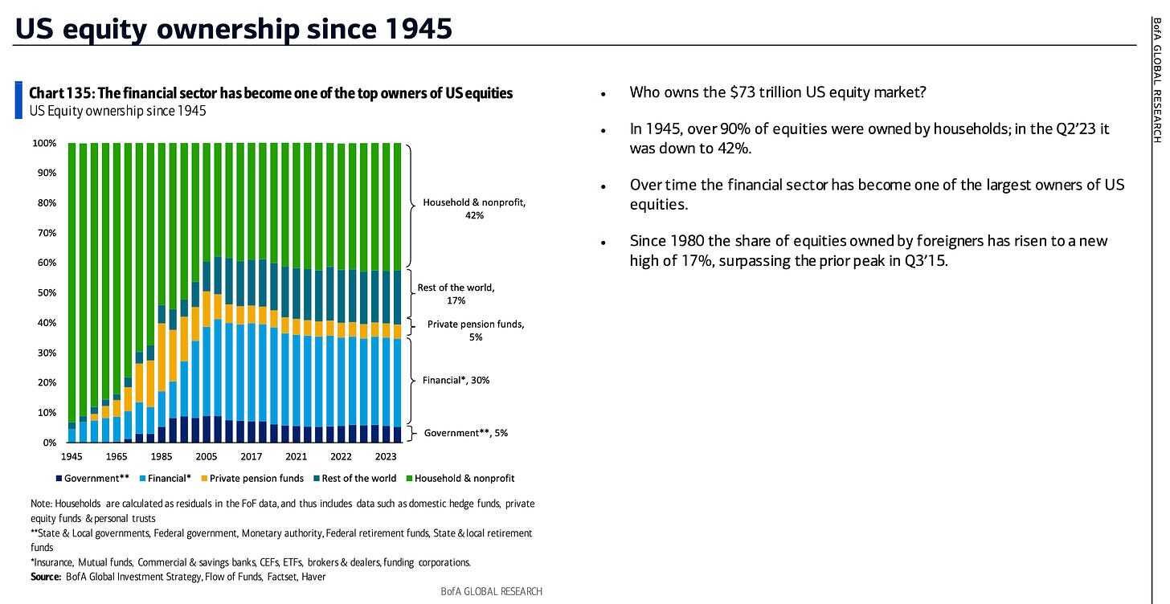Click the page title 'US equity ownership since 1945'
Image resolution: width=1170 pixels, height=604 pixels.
[233, 29]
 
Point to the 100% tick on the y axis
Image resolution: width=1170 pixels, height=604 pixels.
[44, 143]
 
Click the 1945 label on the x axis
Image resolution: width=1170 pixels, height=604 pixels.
[71, 457]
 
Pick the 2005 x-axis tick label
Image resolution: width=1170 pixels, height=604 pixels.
[206, 457]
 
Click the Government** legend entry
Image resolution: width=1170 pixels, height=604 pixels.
[93, 478]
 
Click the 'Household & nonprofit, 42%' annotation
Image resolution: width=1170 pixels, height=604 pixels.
[474, 209]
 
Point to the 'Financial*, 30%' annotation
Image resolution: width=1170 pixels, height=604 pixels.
[456, 380]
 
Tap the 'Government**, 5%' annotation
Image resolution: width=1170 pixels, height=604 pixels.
[465, 433]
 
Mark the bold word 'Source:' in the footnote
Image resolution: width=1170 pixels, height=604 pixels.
[46, 577]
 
